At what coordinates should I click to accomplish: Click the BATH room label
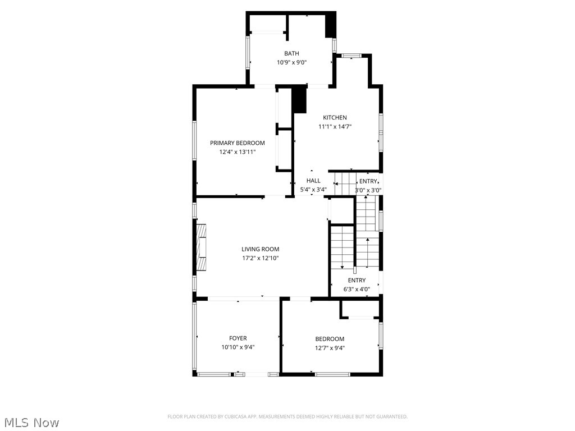291,53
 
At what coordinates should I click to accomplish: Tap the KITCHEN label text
334,117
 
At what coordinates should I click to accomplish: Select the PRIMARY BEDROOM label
237,143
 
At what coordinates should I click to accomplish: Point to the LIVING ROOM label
260,249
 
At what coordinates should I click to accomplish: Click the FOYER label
238,338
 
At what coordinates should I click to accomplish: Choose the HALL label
313,181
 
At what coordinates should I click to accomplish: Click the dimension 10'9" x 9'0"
291,62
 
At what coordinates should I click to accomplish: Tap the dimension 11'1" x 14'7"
334,126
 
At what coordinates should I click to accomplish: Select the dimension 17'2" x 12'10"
260,258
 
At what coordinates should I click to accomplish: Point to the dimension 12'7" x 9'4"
330,347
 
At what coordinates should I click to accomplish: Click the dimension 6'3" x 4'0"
357,290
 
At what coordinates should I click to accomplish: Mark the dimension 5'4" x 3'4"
313,190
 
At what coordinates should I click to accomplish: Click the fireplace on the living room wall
201,247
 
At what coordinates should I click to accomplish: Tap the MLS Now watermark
31,422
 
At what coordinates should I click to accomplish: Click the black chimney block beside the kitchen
300,100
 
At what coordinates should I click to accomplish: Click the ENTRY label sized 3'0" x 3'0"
368,181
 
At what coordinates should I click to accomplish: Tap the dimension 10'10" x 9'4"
238,347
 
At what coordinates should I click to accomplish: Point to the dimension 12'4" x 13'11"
237,152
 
